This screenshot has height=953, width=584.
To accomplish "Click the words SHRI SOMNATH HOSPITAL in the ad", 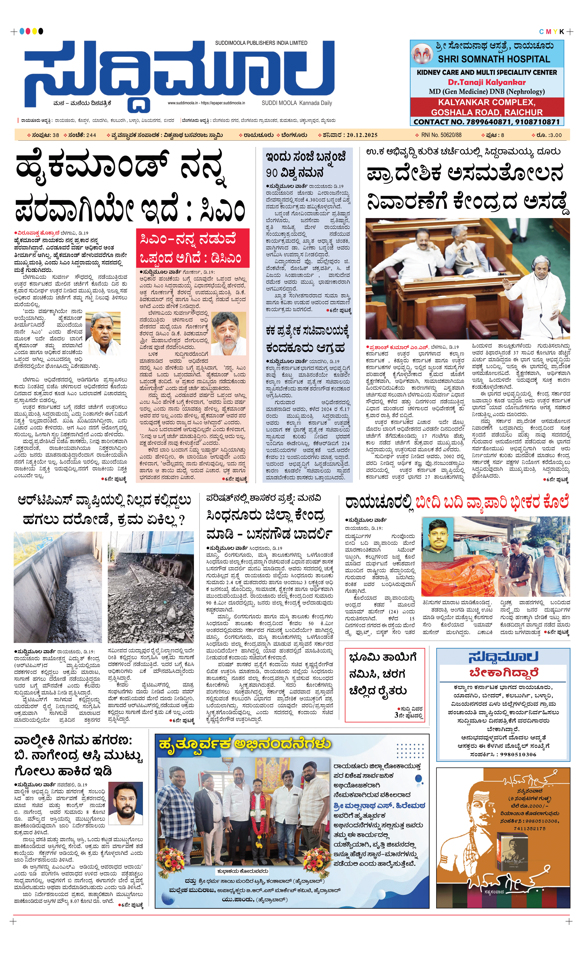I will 494,59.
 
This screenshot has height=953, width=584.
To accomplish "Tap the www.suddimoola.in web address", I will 183,103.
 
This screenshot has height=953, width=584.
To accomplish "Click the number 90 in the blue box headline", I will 272,173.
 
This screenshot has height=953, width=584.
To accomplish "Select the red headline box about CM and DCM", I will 192,248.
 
